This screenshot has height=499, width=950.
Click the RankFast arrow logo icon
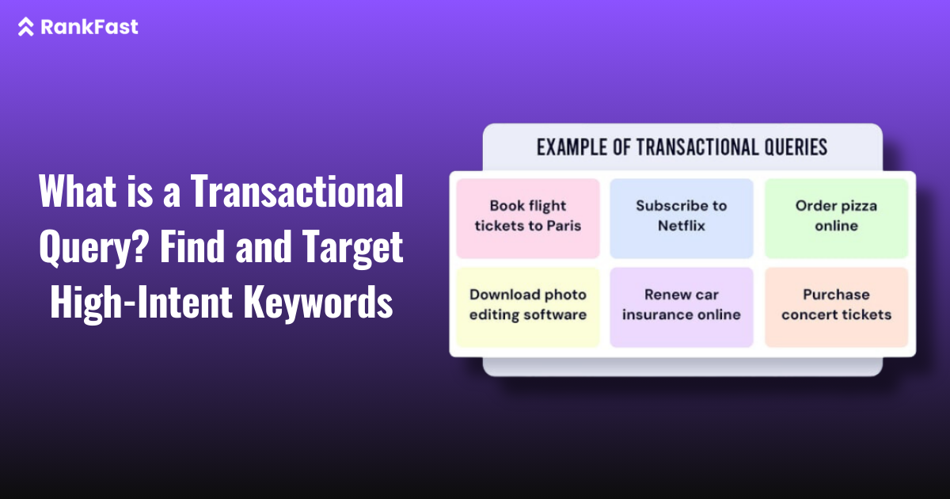[26, 27]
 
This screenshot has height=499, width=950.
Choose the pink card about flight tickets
[528, 217]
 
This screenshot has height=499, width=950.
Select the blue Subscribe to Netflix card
[681, 217]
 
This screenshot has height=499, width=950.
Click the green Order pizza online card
[836, 217]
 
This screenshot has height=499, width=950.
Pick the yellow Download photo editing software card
[528, 306]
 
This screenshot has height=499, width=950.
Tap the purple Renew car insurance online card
[681, 306]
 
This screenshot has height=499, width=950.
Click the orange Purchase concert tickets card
[836, 306]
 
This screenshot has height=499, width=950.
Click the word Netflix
[681, 226]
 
